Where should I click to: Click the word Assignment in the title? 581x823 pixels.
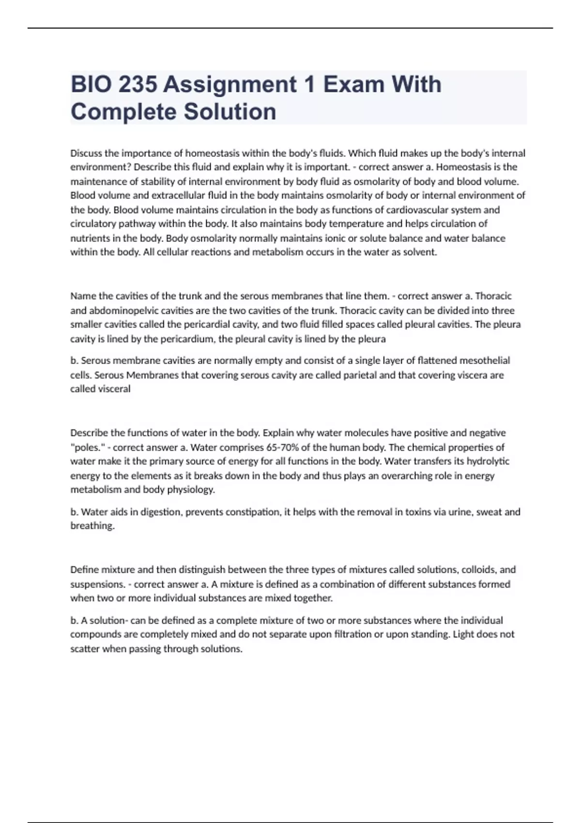point(230,85)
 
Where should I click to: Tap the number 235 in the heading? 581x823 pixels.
point(138,85)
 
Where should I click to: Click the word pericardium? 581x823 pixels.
point(187,339)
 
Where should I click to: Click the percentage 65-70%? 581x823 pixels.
point(283,447)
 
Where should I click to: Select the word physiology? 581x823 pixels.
point(191,489)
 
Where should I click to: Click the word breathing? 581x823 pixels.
point(92,526)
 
